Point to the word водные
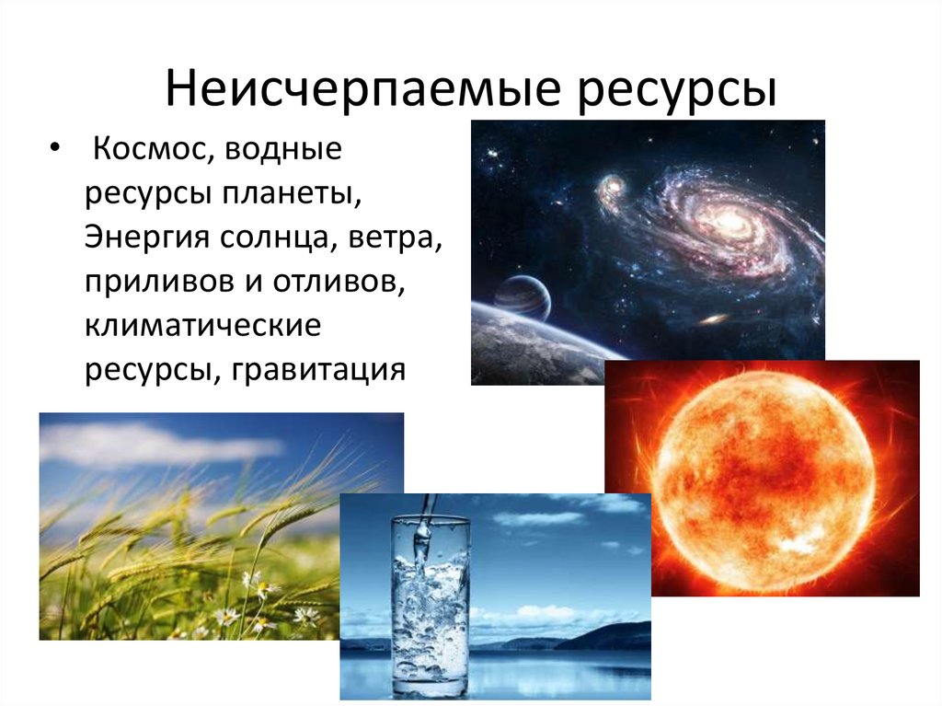point(283,148)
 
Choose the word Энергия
point(147,237)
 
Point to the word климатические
point(202,326)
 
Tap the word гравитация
point(318,370)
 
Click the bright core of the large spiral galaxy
point(734,219)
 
